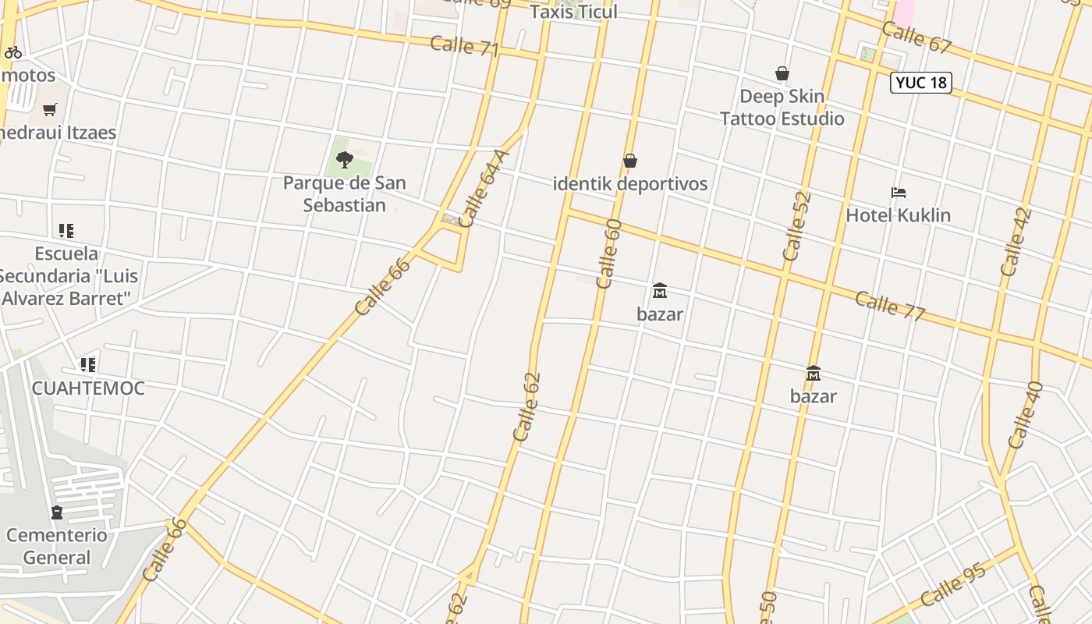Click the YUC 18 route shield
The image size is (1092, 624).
pyautogui.click(x=921, y=83)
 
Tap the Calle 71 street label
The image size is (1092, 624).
pyautogui.click(x=464, y=45)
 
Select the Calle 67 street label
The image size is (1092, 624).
pyautogui.click(x=916, y=37)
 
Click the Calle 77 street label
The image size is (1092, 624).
pyautogui.click(x=890, y=305)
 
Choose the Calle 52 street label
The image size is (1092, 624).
pyautogui.click(x=797, y=226)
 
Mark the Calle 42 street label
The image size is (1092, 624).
pyautogui.click(x=1016, y=242)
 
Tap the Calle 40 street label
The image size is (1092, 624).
pyautogui.click(x=1026, y=414)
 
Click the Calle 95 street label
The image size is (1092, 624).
pyautogui.click(x=952, y=584)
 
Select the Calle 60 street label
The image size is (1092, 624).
pyautogui.click(x=608, y=254)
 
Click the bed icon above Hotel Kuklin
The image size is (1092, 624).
pyautogui.click(x=899, y=192)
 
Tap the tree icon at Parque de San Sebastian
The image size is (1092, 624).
pyautogui.click(x=344, y=160)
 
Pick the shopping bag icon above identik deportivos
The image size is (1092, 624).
pyautogui.click(x=630, y=161)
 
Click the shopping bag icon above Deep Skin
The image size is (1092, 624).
pyautogui.click(x=782, y=73)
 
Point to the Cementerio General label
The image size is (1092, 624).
pyautogui.click(x=57, y=546)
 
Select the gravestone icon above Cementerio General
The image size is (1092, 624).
pyautogui.click(x=57, y=512)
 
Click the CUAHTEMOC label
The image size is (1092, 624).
pyautogui.click(x=88, y=388)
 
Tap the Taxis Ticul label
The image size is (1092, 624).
pyautogui.click(x=573, y=12)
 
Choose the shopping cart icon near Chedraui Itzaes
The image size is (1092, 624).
pyautogui.click(x=50, y=109)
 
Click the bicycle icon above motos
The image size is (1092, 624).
pyautogui.click(x=13, y=53)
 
